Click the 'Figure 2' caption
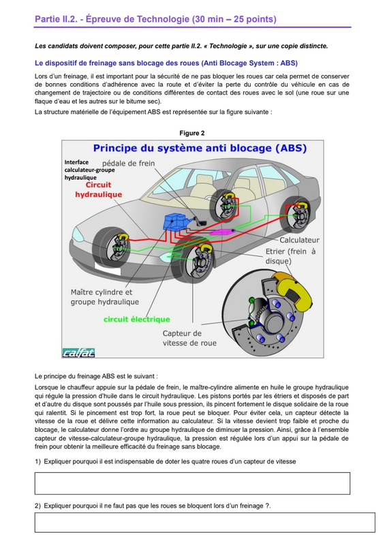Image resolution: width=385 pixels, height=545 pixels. [192, 133]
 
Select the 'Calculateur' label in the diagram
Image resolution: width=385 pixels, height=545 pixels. [299, 240]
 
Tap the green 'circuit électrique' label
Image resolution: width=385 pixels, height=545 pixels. [137, 319]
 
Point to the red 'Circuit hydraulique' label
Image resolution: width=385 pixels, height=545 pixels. [98, 189]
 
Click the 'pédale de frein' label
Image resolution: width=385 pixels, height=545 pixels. [128, 163]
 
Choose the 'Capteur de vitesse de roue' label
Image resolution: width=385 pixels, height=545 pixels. [189, 338]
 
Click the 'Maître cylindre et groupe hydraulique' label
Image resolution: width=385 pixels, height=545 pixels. [105, 297]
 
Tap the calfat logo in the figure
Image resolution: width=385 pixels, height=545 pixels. [78, 353]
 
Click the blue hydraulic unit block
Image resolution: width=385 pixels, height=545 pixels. [176, 222]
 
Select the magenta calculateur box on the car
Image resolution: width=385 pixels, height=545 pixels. [221, 231]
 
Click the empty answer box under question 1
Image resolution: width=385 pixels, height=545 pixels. [192, 483]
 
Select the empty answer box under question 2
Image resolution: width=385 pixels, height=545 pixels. [205, 523]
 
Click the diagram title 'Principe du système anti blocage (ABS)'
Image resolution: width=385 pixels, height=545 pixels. [200, 149]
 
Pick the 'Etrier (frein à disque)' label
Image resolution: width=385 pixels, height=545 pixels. [290, 256]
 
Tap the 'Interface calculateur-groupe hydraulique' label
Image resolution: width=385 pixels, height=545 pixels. [89, 170]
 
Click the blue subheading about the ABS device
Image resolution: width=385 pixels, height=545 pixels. [166, 63]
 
